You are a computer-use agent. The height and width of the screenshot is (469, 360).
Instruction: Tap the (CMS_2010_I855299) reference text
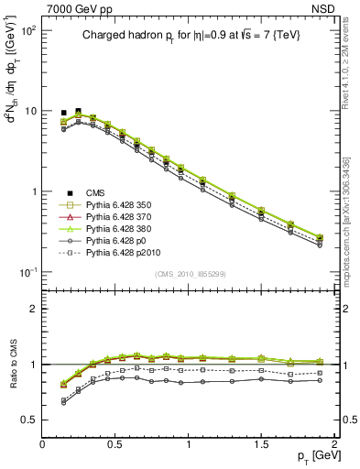point(189,275)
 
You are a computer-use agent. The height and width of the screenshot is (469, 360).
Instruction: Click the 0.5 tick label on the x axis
point(115,442)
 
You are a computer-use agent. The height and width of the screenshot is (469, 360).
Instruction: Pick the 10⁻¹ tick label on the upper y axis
point(26,272)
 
